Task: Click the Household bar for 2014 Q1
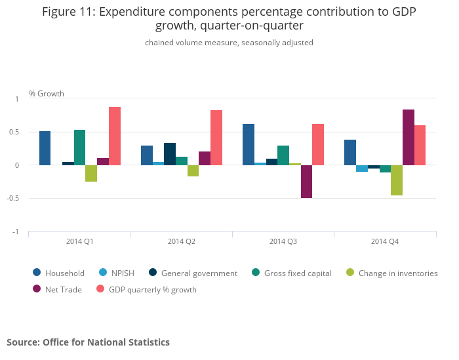click(x=45, y=148)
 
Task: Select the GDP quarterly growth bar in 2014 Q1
click(x=115, y=136)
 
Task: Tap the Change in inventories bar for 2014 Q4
click(x=397, y=180)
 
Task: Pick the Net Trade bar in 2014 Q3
click(x=307, y=182)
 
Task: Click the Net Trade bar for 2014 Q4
click(x=409, y=137)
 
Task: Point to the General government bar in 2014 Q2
click(x=170, y=154)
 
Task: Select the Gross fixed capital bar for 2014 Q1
click(x=80, y=148)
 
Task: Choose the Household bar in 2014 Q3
click(x=249, y=144)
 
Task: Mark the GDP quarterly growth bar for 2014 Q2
click(x=216, y=138)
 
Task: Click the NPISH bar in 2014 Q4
click(x=362, y=169)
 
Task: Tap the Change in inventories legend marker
click(x=349, y=273)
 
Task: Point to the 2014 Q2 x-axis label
click(x=182, y=241)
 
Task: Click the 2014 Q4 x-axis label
click(x=385, y=241)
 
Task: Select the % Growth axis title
click(x=47, y=94)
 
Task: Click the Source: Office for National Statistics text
click(x=88, y=342)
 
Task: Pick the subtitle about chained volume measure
click(x=229, y=43)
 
